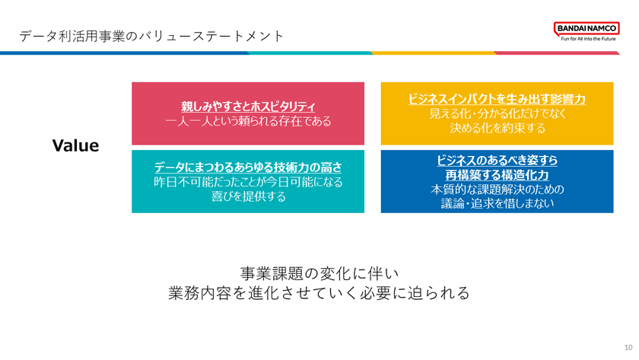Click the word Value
(75, 145)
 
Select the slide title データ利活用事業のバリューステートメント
(152, 36)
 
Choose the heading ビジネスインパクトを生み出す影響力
(497, 100)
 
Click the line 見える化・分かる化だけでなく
(497, 114)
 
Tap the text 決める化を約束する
(497, 129)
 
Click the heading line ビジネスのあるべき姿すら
(497, 161)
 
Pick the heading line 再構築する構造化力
(497, 175)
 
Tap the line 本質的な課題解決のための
(497, 189)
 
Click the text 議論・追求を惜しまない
(497, 203)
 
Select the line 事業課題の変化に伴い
(319, 272)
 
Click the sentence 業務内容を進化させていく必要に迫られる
(319, 293)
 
